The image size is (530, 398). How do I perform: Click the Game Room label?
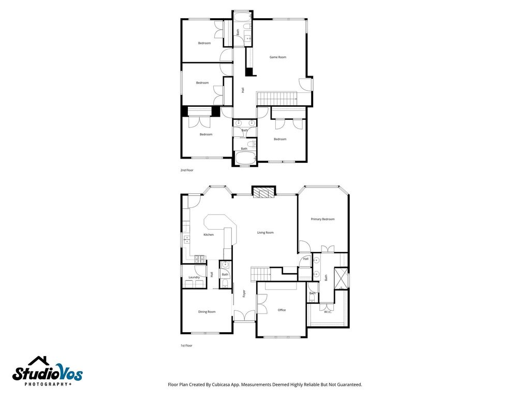[277, 57]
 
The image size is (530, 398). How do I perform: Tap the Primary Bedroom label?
[322, 219]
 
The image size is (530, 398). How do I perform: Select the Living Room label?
[266, 233]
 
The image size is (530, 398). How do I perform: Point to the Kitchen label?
[208, 235]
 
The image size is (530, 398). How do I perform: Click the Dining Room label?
[207, 311]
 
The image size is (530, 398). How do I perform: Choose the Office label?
[282, 310]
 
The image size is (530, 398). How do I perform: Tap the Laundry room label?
[194, 277]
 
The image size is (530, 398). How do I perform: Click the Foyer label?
[244, 293]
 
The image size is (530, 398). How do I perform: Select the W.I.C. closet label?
[328, 311]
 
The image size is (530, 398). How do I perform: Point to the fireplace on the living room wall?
[263, 191]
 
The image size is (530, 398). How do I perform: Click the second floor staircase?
[277, 98]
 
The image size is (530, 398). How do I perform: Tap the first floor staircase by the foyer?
[261, 274]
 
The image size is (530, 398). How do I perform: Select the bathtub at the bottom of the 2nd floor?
[245, 159]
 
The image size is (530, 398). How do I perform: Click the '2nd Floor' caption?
[186, 170]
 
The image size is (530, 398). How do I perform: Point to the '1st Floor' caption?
[186, 346]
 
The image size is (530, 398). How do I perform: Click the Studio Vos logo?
[47, 371]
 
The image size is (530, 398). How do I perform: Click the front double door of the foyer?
[244, 316]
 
